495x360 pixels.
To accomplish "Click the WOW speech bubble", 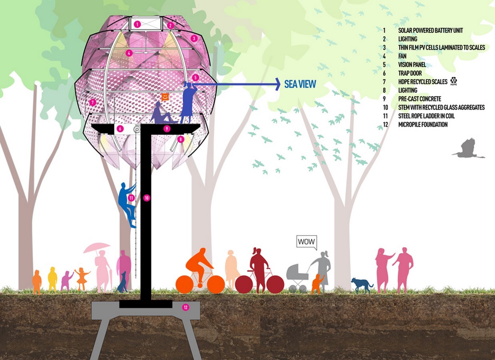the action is pos(307,242).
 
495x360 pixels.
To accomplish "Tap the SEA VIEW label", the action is pos(300,84).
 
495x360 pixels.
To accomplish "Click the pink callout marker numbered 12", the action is pos(185,307).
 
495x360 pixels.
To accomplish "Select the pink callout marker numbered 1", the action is pos(137,24).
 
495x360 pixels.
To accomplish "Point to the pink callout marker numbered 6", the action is pos(120,129).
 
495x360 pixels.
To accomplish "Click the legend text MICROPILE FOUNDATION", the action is pos(423,124).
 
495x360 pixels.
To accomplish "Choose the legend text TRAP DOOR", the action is pos(410,73).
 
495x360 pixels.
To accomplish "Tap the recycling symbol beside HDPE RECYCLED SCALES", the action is pos(453,81).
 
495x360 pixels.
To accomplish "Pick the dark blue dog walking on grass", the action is pos(361,286).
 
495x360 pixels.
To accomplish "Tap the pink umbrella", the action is pos(96,248).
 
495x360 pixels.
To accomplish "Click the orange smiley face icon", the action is pos(165,97).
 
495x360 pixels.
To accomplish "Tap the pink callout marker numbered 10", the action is pos(146,198).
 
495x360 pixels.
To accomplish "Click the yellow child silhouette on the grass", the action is pos(52,279).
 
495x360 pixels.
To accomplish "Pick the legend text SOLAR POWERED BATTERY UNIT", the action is pos(431,30).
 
